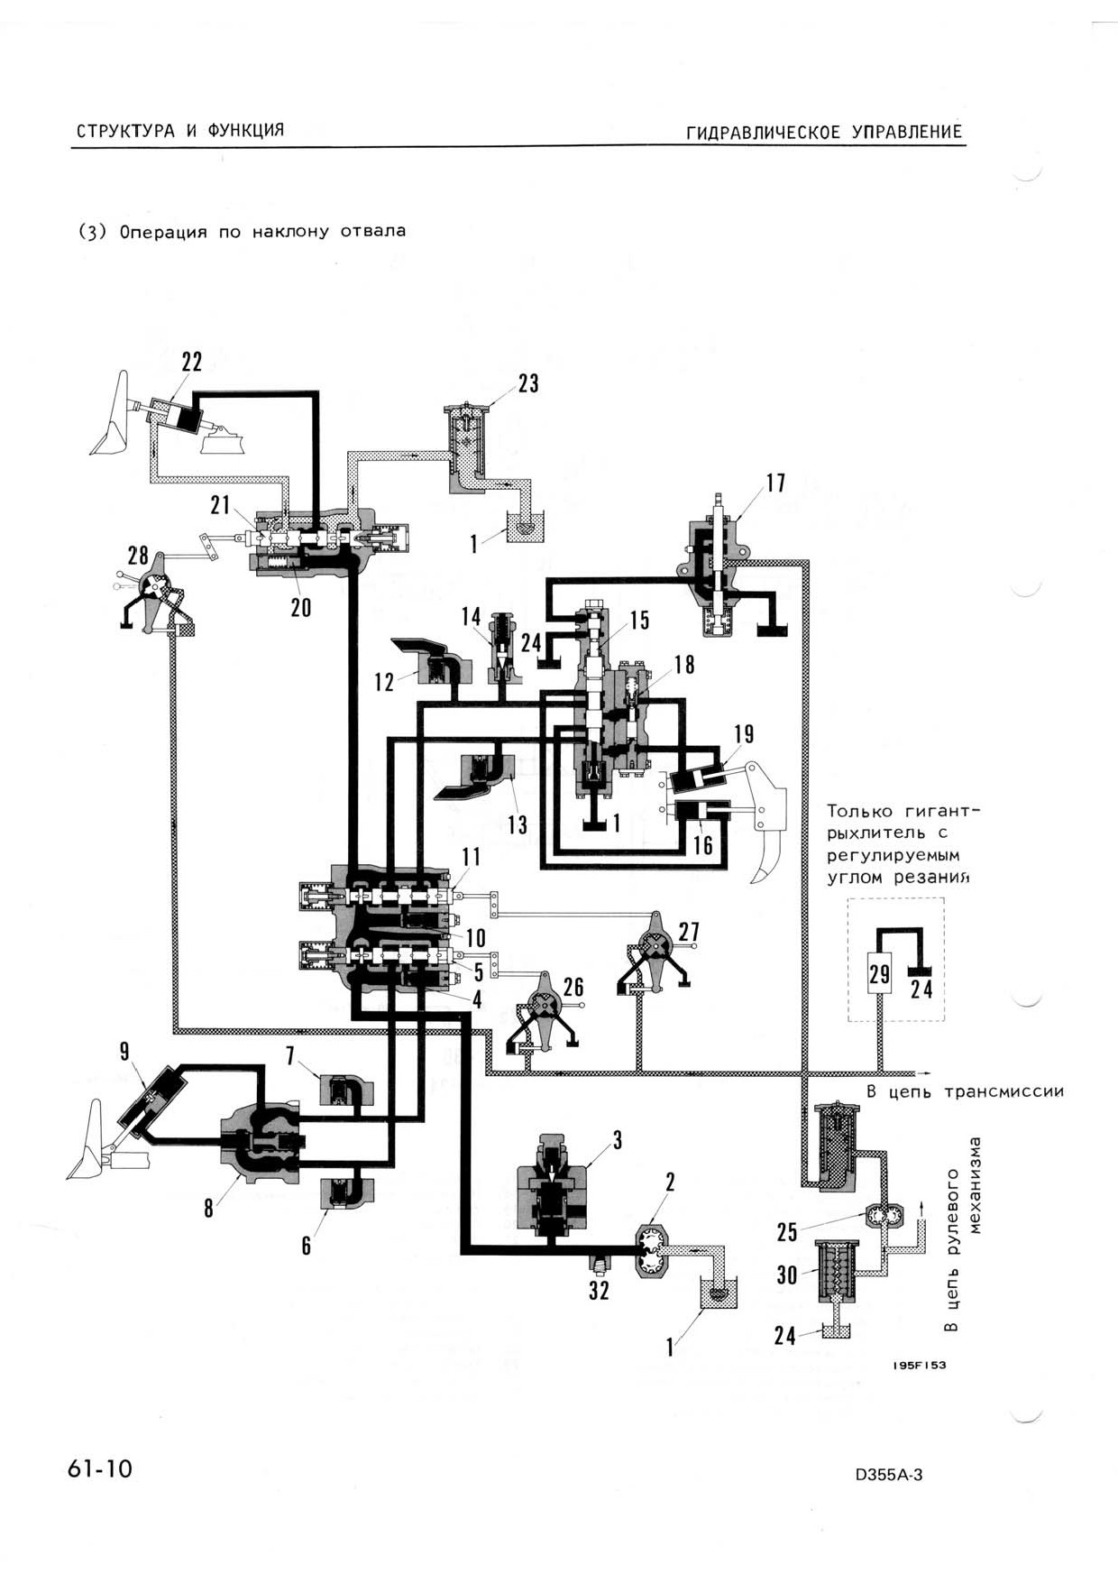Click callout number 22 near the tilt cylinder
pos(192,362)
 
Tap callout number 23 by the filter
pos(528,383)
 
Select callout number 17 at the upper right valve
pos(775,483)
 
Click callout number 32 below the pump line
pos(600,1291)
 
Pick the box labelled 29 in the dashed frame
pos(879,973)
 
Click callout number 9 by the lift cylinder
pos(124,1051)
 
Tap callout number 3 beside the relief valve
pos(618,1140)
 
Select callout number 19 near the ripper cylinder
pos(744,734)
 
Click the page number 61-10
pos(100,1469)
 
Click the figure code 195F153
pos(920,1365)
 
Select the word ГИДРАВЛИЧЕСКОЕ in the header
pos(763,133)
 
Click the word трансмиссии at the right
pos(1003,1092)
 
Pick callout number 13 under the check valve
pos(518,824)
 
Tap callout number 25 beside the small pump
pos(787,1231)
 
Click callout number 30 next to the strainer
pos(787,1275)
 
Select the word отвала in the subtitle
pos(373,231)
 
